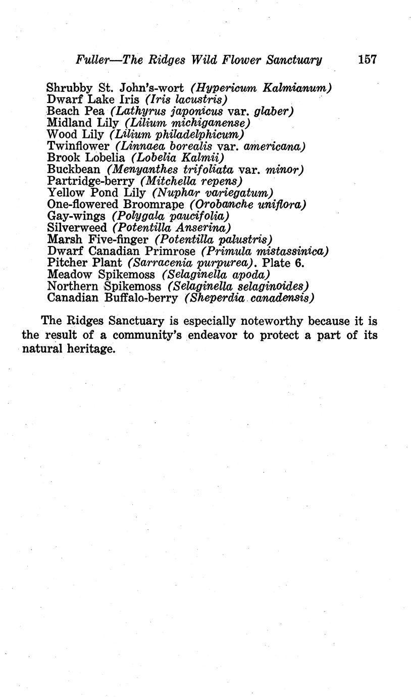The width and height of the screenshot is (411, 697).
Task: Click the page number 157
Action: point(367,60)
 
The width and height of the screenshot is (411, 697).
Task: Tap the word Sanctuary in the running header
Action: point(294,60)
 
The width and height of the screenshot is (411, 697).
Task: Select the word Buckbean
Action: point(74,170)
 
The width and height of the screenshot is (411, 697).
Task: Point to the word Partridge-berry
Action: point(90,181)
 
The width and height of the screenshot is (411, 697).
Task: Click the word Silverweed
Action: point(77,228)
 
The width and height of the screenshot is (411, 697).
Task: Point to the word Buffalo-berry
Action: point(141,297)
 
